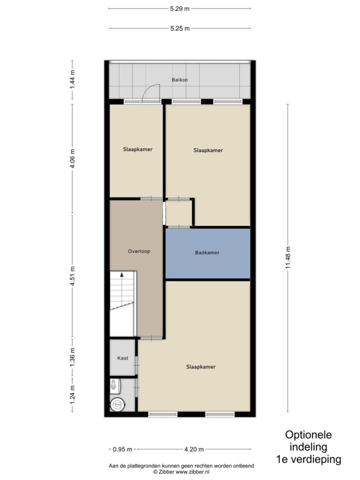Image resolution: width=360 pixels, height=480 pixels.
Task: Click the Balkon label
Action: coord(180,80)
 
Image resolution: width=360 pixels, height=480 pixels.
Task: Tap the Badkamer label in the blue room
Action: coord(207,252)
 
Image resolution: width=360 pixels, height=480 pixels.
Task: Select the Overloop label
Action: coord(139,251)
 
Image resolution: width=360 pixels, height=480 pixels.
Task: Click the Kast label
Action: coord(123,358)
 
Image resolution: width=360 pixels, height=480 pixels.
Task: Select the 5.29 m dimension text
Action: coord(180,9)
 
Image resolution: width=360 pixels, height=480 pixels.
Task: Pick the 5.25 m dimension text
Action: coord(180,28)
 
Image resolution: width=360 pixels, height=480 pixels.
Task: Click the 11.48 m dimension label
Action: coord(288,258)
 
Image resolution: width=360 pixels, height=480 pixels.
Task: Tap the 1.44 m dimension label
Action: coord(72,80)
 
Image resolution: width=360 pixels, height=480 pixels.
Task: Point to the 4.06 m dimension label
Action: coord(72,158)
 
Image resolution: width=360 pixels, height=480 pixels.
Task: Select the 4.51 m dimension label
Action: coord(72,276)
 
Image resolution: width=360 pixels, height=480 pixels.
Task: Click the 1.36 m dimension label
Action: coord(72,357)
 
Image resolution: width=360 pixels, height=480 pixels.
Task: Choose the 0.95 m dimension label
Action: coord(122,449)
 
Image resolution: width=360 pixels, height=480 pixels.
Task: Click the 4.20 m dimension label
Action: coord(194,449)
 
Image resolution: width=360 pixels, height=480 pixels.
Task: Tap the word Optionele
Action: coord(308,435)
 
